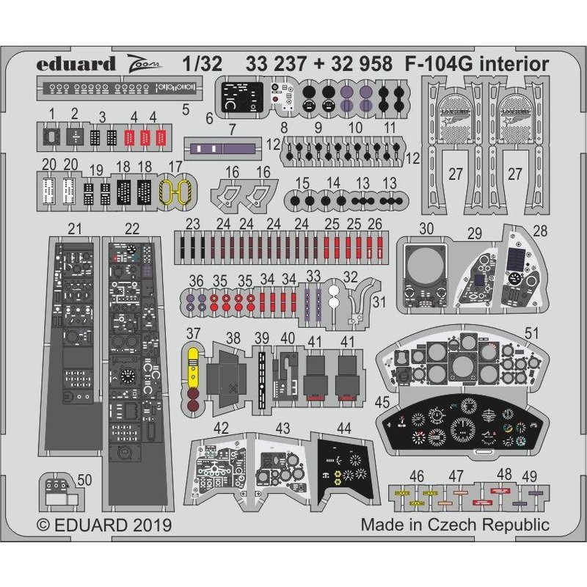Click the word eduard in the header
click(x=68, y=64)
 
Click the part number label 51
click(x=531, y=335)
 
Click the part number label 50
click(x=84, y=480)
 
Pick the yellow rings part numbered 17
click(x=175, y=192)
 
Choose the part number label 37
click(x=194, y=335)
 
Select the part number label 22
click(x=132, y=230)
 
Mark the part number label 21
click(x=74, y=230)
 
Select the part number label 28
click(x=541, y=230)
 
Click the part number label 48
click(x=504, y=475)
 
